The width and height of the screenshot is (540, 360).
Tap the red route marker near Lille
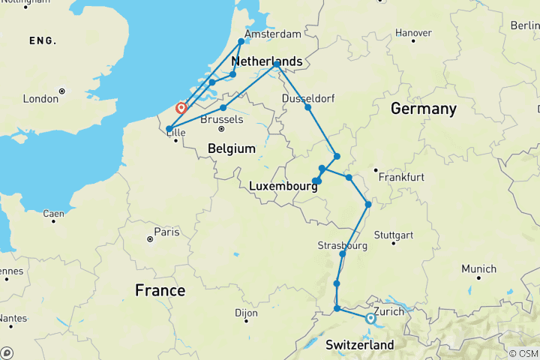(x=181, y=108)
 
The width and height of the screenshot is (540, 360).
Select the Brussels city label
(x=223, y=119)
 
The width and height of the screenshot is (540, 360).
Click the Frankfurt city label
(x=403, y=177)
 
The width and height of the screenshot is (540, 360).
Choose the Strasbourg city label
(x=342, y=246)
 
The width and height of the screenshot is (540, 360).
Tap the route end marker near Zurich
(x=370, y=319)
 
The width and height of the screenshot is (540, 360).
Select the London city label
(x=40, y=99)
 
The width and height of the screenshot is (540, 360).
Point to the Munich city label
(x=478, y=268)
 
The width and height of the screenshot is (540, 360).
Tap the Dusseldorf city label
(x=308, y=98)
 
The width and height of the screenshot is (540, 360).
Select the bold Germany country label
(x=423, y=109)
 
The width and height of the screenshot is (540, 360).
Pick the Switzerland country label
(x=360, y=345)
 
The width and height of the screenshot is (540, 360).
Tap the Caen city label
(x=53, y=214)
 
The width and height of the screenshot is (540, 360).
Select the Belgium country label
(x=232, y=149)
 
